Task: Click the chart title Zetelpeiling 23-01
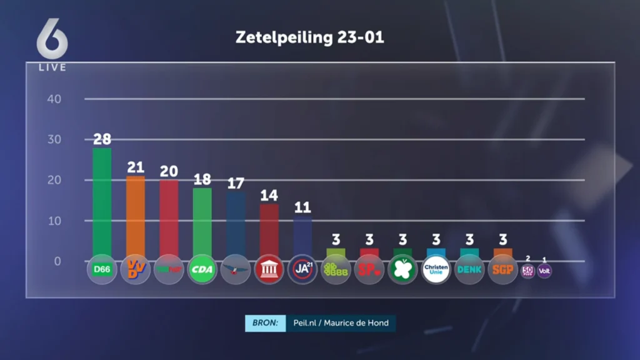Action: click(309, 37)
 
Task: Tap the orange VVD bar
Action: click(136, 216)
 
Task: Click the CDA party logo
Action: click(202, 270)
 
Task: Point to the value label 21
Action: click(136, 167)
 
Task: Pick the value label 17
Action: click(236, 184)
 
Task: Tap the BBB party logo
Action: click(336, 270)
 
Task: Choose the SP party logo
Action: click(369, 270)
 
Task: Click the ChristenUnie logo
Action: click(436, 270)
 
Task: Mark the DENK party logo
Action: click(469, 270)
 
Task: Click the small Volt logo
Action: click(544, 271)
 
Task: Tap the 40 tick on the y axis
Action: click(54, 99)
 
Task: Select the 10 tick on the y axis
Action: click(54, 221)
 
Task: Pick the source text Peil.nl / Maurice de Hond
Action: click(341, 323)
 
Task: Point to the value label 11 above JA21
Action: click(303, 208)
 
